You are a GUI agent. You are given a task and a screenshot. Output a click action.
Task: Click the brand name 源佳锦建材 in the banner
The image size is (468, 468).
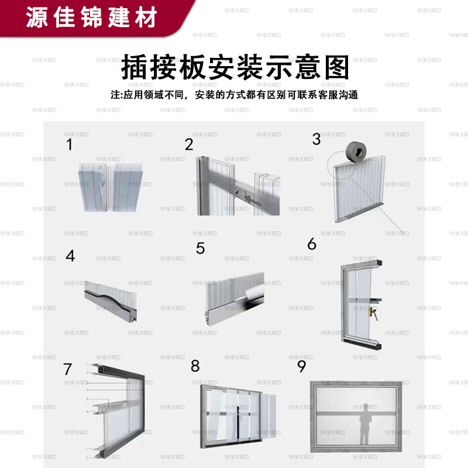tap(92, 18)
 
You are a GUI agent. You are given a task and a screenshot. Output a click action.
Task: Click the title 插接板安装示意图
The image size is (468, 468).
tap(234, 68)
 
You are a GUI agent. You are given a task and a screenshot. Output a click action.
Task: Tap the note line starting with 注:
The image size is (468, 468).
tap(233, 95)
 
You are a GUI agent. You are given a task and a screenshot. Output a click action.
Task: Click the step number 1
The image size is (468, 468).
tap(70, 144)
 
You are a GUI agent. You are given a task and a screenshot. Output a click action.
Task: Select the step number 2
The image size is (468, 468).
tap(188, 144)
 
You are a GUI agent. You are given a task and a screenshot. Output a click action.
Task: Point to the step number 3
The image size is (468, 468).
tap(316, 139)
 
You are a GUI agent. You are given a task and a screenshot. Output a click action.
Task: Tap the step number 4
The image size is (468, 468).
tap(70, 256)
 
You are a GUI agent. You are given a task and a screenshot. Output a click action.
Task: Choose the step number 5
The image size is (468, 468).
tap(201, 249)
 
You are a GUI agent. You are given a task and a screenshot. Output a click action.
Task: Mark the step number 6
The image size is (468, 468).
tap(311, 244)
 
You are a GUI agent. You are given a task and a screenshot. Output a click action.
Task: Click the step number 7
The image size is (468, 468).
tap(68, 369)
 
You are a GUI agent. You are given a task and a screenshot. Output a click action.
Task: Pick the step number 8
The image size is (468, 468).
tap(195, 366)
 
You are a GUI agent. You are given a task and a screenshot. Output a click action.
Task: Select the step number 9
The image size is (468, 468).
tap(302, 366)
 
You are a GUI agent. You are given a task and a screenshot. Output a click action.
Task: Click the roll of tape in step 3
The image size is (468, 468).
tap(358, 153)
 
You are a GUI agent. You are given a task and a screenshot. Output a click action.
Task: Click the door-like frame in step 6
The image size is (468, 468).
tap(360, 304)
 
